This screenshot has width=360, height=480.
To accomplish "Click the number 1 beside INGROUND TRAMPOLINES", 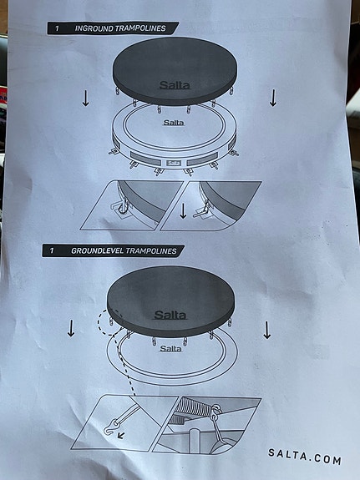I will coord(56,28).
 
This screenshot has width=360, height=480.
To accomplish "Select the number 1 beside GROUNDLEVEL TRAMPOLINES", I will coord(52,250).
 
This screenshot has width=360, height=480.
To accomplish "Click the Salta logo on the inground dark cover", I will coord(174,85).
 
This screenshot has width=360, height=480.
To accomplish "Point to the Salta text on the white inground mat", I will coord(174,123).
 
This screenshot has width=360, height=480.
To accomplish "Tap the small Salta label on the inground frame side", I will coord(174,162).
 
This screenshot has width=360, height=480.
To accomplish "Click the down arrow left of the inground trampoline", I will coord(85,99).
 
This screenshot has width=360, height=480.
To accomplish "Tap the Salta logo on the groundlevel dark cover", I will coord(171,316).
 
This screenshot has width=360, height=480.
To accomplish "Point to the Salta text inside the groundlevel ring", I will coord(170,348).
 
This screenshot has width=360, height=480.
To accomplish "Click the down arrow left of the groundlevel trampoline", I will coord(71,329).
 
